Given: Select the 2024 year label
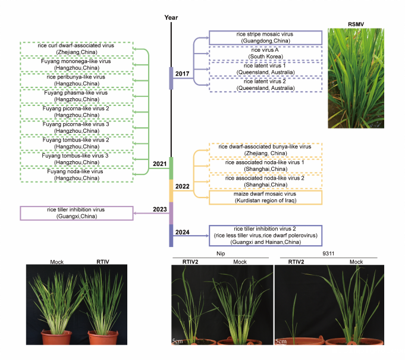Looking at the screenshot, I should click(183, 231).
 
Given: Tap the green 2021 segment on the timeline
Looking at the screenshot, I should click(171, 167).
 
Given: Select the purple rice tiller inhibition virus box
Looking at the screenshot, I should click(76, 212).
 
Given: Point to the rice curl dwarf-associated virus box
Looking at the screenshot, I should click(76, 48).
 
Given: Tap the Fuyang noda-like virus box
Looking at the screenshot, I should click(76, 174).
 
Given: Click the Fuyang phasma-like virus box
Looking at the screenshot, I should click(76, 96).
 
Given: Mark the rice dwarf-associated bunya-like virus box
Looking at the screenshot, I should click(265, 150).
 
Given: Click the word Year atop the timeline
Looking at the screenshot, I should click(171, 17).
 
